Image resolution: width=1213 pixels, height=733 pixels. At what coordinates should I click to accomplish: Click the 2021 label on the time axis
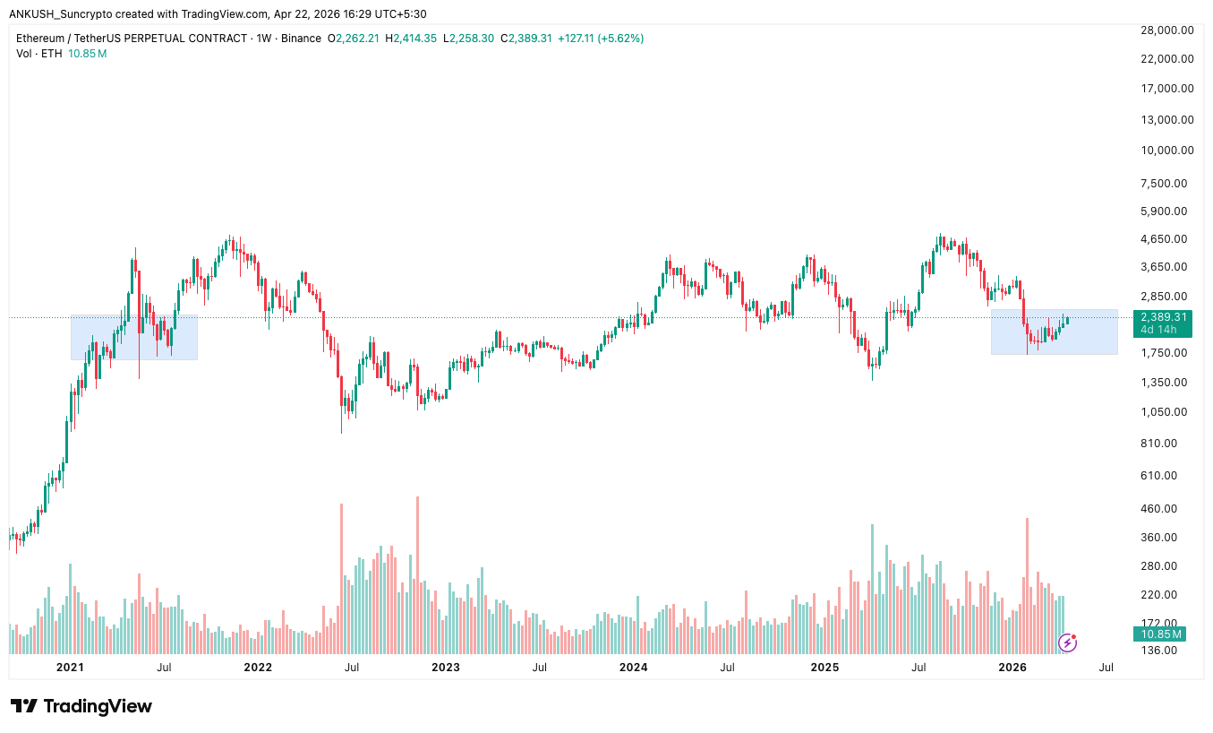(70, 667)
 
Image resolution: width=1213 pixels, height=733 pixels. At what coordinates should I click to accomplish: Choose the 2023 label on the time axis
(445, 667)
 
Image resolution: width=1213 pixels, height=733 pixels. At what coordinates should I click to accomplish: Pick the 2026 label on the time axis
(1012, 667)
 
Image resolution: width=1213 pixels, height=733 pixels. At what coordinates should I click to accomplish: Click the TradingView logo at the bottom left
(81, 706)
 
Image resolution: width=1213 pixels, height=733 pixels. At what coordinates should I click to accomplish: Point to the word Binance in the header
(300, 39)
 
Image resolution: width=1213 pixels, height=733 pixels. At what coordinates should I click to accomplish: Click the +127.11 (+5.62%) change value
(600, 39)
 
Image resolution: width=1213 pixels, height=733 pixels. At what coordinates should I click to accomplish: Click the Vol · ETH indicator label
(39, 54)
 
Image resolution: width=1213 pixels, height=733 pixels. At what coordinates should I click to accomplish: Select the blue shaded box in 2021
(133, 337)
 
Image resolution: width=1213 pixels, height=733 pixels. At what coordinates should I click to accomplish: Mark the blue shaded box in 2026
(1054, 332)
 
